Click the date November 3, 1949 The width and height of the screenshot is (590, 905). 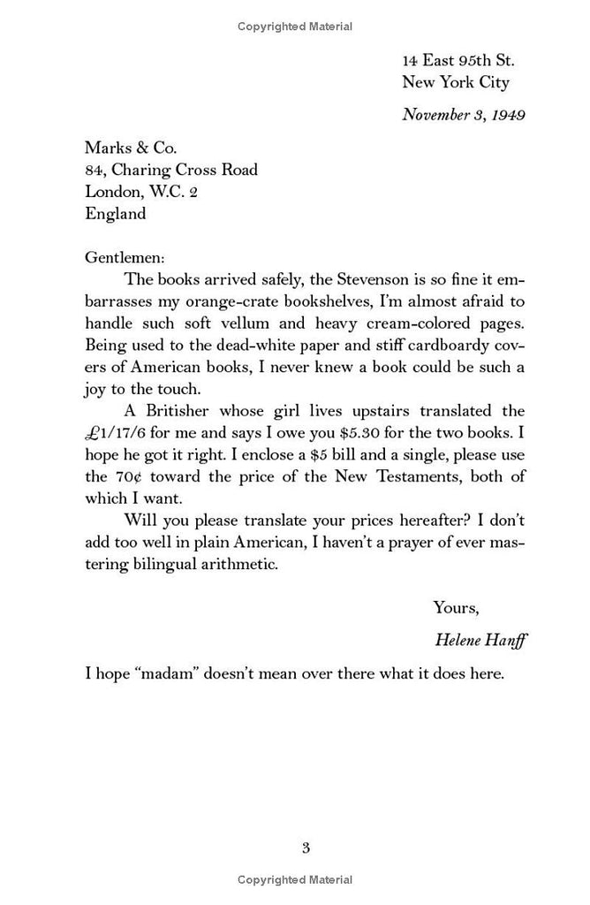coord(464,114)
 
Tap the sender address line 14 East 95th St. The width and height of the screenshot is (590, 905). coord(458,61)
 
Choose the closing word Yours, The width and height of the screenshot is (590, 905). coord(456,607)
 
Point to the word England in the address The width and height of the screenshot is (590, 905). coord(116,213)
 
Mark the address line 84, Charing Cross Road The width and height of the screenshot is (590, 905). coord(171,170)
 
